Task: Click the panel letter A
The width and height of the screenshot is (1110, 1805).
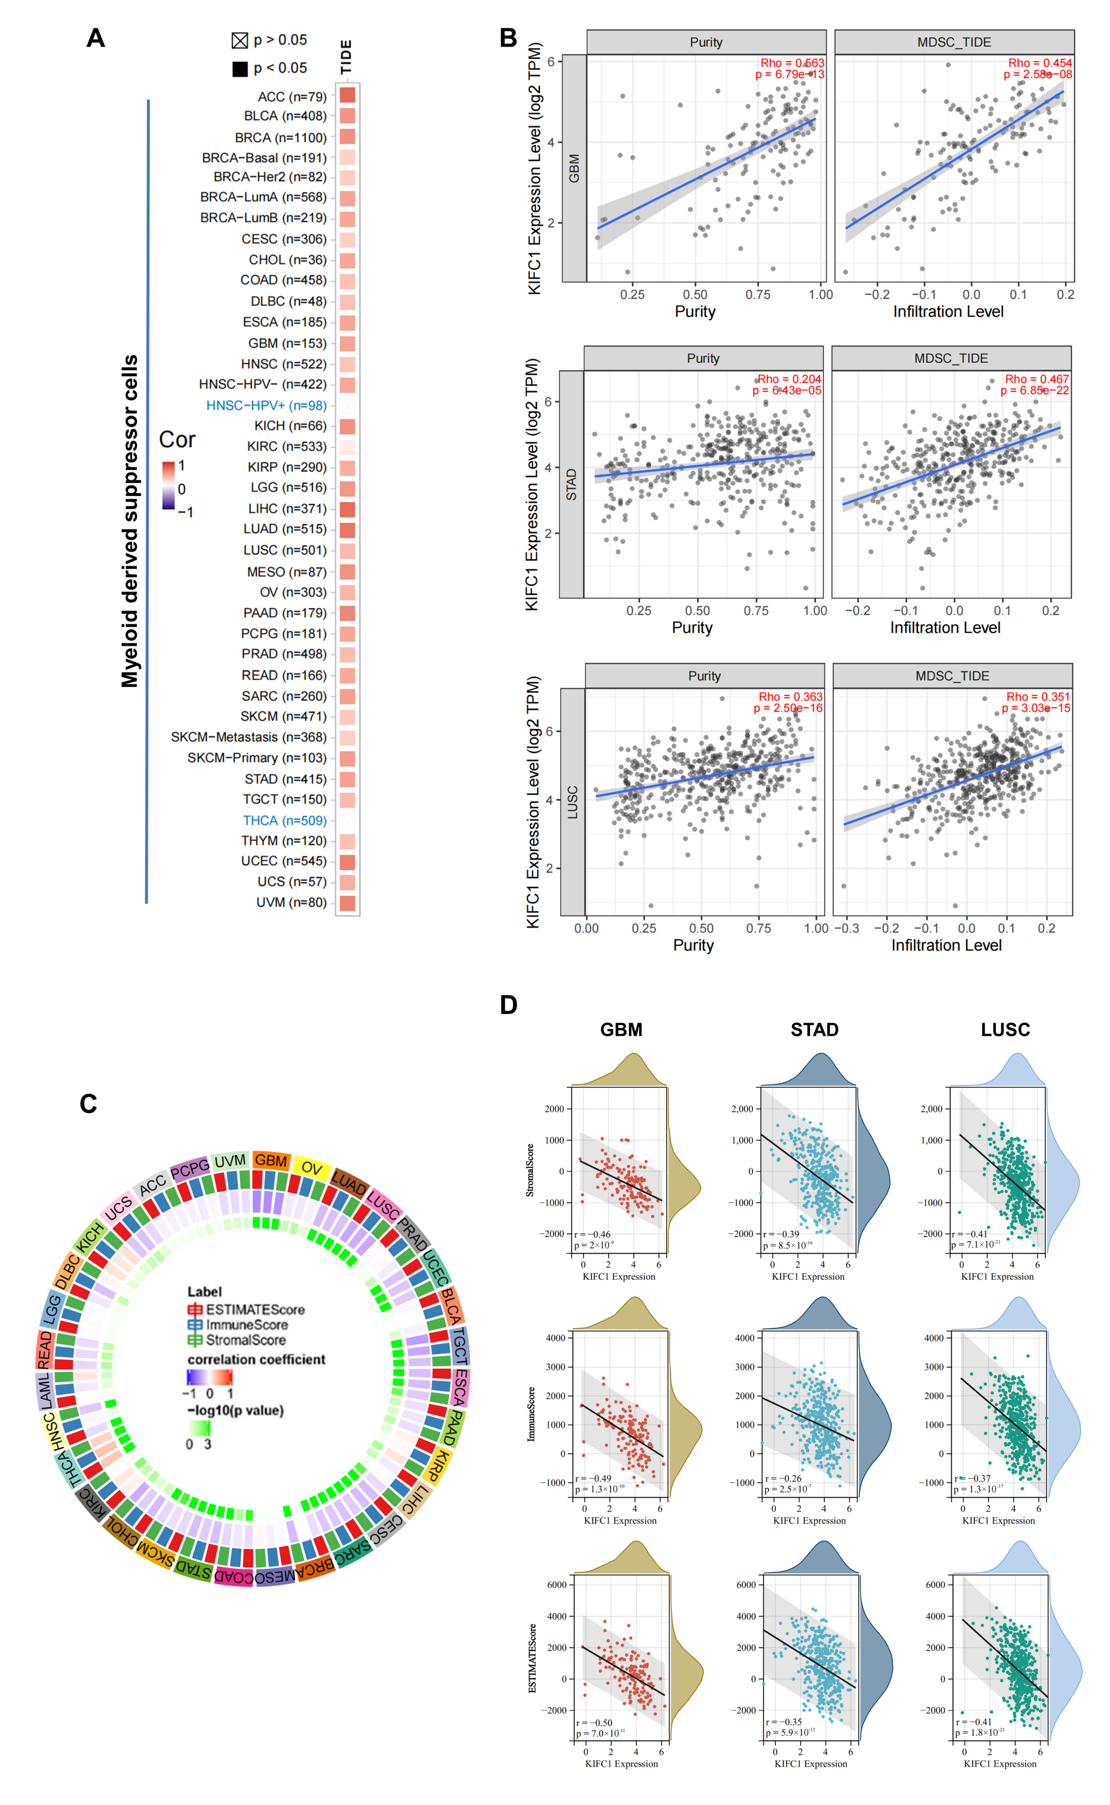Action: tap(95, 38)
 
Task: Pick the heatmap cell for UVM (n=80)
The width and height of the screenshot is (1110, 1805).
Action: tap(347, 902)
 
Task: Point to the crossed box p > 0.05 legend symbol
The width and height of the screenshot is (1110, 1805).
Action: tap(239, 40)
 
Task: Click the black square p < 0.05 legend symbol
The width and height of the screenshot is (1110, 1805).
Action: tap(239, 69)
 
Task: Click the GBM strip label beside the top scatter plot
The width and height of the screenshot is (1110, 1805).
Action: tap(574, 168)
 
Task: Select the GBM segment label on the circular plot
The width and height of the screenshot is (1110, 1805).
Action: tap(271, 1160)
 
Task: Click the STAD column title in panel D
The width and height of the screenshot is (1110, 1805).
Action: tap(814, 1029)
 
